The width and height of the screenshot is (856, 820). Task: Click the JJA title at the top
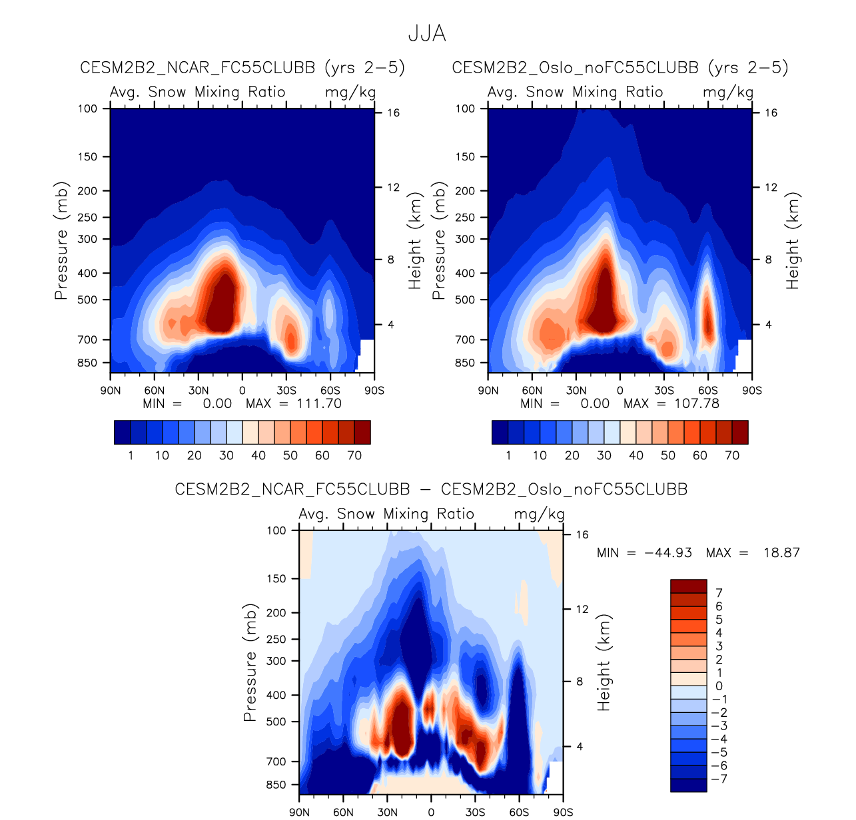click(x=427, y=33)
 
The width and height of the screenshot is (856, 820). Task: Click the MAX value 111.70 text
click(x=318, y=404)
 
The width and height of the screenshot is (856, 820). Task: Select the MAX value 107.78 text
click(x=696, y=404)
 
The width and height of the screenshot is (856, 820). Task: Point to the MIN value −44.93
click(x=668, y=553)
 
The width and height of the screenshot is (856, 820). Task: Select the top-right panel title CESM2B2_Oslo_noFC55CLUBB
click(x=575, y=68)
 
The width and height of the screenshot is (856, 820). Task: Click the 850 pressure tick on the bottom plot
click(x=276, y=785)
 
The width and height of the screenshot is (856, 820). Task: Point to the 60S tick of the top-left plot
click(x=330, y=391)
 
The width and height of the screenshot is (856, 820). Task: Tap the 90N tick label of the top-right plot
click(x=488, y=391)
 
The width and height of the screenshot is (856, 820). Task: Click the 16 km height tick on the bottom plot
click(x=582, y=535)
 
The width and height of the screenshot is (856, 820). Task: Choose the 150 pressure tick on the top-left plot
click(x=87, y=157)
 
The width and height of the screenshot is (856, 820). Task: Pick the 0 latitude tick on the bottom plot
click(x=431, y=812)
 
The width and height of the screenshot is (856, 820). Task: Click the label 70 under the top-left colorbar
click(x=354, y=456)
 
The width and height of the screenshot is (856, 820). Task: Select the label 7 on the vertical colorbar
click(x=719, y=593)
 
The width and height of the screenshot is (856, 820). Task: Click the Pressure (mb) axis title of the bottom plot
click(x=250, y=663)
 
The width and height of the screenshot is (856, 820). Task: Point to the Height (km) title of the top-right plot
click(x=792, y=241)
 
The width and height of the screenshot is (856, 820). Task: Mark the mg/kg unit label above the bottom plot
click(x=539, y=514)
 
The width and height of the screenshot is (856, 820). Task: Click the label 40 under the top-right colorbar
click(x=636, y=456)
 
